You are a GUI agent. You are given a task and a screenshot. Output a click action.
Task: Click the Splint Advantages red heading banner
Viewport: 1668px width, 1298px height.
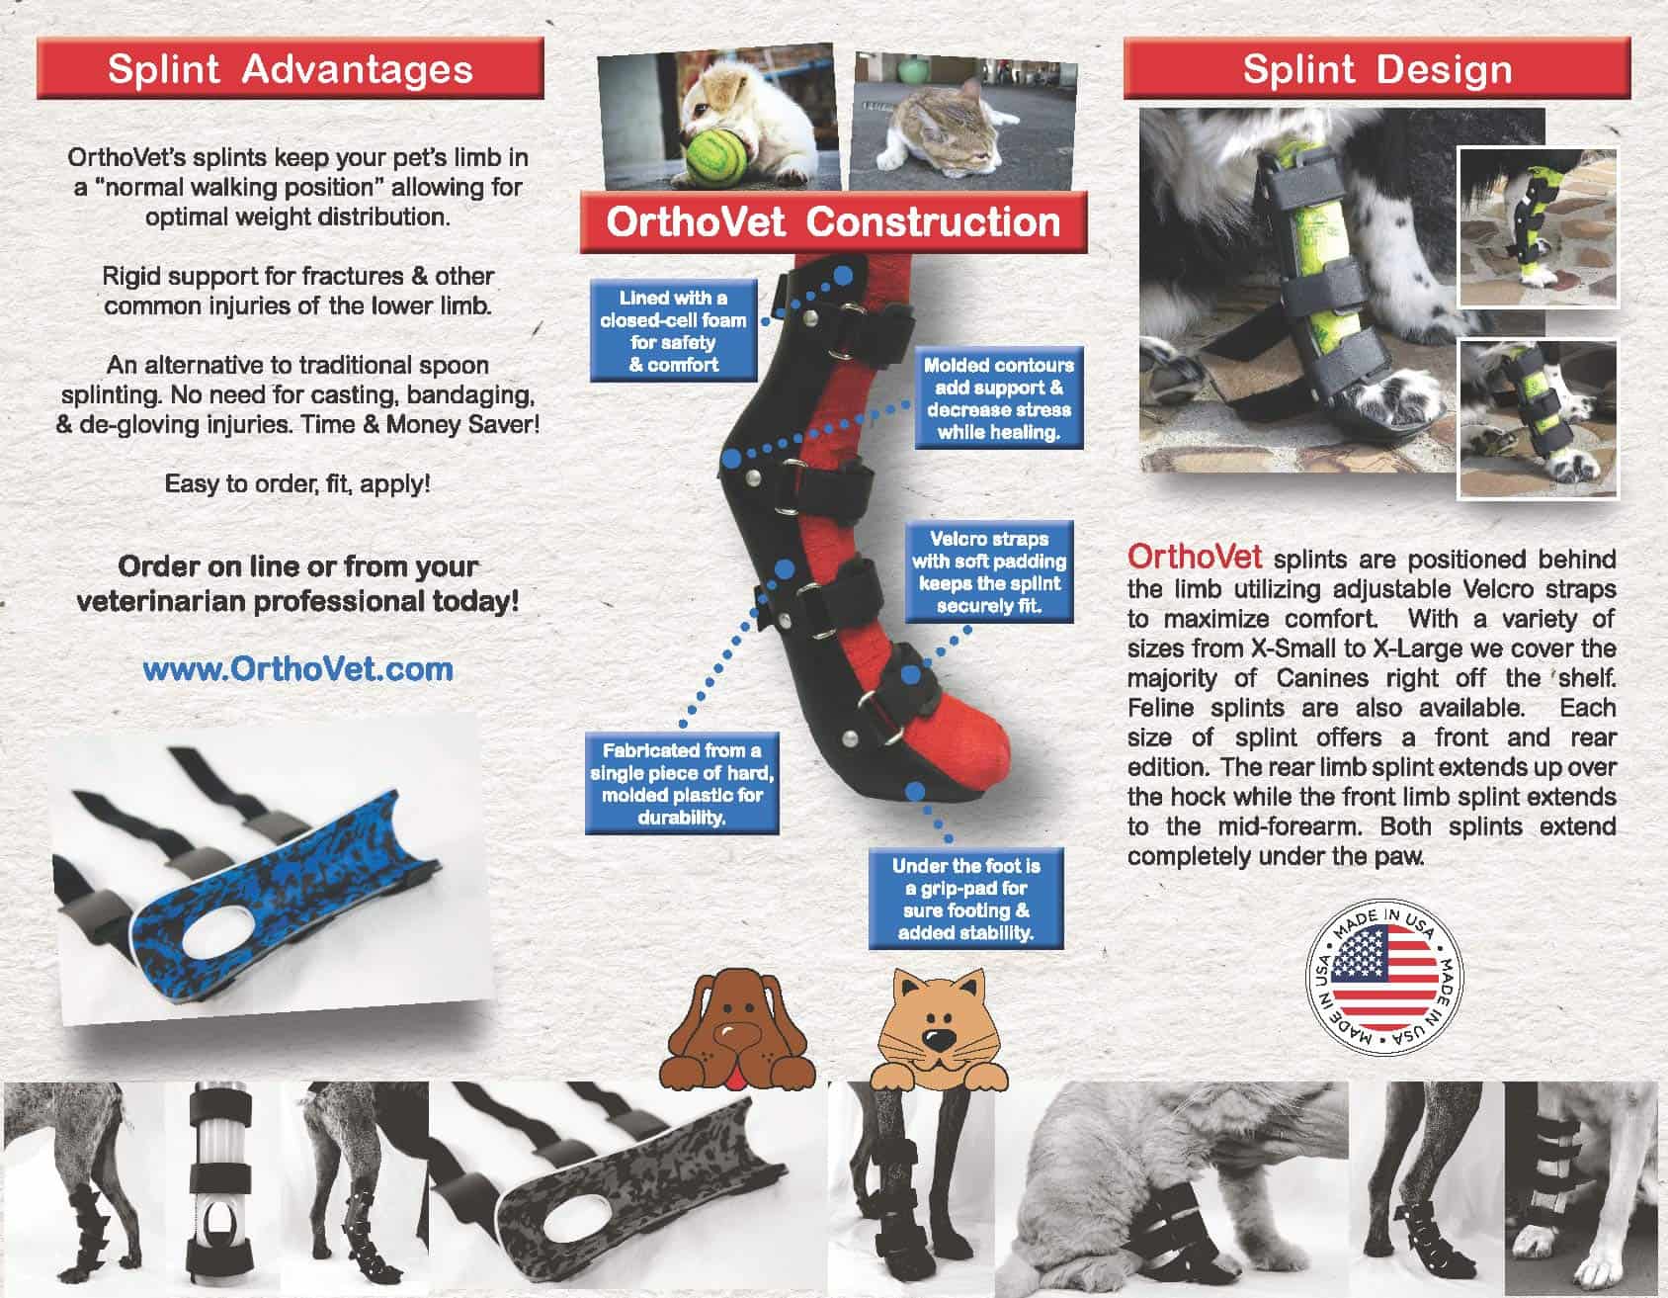290,69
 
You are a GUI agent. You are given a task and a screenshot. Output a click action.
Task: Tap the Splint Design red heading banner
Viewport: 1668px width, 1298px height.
1376,69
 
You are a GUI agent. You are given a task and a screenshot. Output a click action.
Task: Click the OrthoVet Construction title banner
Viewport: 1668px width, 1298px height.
833,221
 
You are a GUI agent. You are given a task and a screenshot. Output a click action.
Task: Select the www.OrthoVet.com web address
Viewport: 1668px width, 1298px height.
297,669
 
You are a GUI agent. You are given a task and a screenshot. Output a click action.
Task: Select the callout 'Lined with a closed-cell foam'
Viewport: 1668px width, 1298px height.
673,331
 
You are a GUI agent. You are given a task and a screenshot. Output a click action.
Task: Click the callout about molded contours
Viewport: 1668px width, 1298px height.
999,398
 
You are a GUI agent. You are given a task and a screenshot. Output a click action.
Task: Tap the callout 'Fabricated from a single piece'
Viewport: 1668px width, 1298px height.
681,784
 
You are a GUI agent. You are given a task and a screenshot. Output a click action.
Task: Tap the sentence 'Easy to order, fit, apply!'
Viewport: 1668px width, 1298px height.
297,484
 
